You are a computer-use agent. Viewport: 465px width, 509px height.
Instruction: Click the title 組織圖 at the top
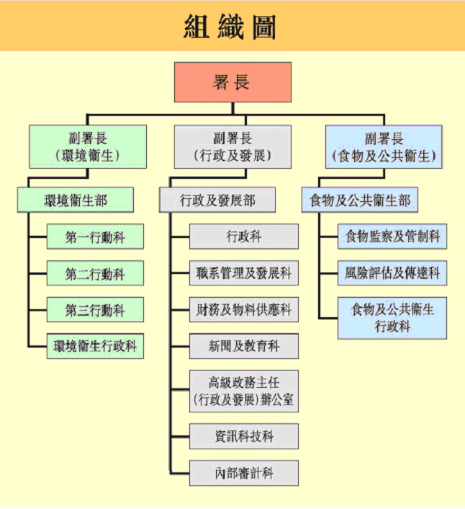pos(232,27)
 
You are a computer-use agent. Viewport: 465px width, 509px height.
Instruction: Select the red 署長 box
pos(232,82)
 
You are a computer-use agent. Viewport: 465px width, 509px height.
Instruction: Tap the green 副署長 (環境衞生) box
pos(87,147)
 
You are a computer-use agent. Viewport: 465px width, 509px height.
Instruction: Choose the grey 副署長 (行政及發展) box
pos(232,147)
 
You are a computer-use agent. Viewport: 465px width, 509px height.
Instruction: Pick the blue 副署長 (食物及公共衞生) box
pos(384,147)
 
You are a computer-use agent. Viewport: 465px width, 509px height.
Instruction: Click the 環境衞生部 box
pos(76,200)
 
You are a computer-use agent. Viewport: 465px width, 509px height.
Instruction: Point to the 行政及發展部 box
pos(217,200)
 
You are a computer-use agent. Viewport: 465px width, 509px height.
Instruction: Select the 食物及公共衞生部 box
pos(360,200)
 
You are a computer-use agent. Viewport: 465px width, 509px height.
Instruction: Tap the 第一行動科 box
pos(95,237)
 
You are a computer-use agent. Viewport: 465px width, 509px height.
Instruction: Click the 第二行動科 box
pos(95,274)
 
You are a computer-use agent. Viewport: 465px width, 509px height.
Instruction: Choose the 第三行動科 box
pos(95,310)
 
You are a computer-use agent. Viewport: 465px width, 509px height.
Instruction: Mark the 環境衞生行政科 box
pos(95,346)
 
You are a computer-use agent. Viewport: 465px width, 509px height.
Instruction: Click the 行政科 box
pos(244,236)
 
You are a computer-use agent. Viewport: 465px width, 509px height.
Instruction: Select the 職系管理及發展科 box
pos(244,273)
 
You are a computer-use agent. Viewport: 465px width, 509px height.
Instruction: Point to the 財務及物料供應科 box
pos(244,310)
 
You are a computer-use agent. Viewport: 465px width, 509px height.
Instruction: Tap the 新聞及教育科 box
pos(244,346)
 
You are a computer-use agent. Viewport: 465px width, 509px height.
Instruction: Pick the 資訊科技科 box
pos(244,437)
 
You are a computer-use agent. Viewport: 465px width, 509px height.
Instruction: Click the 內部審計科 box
pos(244,473)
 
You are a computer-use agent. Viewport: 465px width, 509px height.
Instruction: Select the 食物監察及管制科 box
pos(392,236)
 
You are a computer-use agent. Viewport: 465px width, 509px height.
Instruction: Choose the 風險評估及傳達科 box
pos(392,273)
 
